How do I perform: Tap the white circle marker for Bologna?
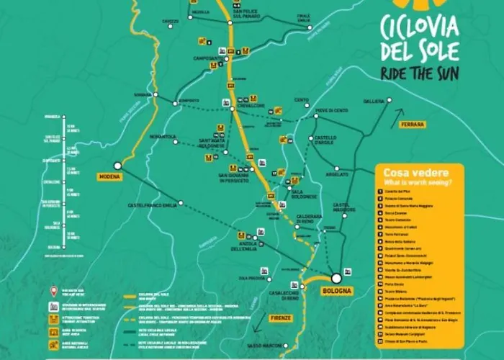click(336, 277)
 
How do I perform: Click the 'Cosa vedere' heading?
click(416, 173)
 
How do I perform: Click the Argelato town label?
click(337, 174)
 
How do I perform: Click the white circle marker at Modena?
click(117, 166)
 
